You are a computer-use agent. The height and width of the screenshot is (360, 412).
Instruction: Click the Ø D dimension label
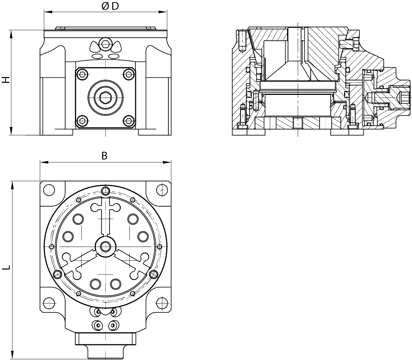[110, 6]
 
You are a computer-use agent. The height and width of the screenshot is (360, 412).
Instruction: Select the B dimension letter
[105, 156]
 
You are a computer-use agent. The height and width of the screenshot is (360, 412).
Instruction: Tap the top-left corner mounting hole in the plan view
[49, 190]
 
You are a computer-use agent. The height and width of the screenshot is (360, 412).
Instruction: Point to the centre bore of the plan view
[106, 246]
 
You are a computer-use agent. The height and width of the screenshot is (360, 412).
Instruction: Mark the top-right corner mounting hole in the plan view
[162, 190]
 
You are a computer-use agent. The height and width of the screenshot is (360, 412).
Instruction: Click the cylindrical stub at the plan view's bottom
[106, 352]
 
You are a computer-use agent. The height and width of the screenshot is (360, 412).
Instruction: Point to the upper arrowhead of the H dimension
[11, 33]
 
